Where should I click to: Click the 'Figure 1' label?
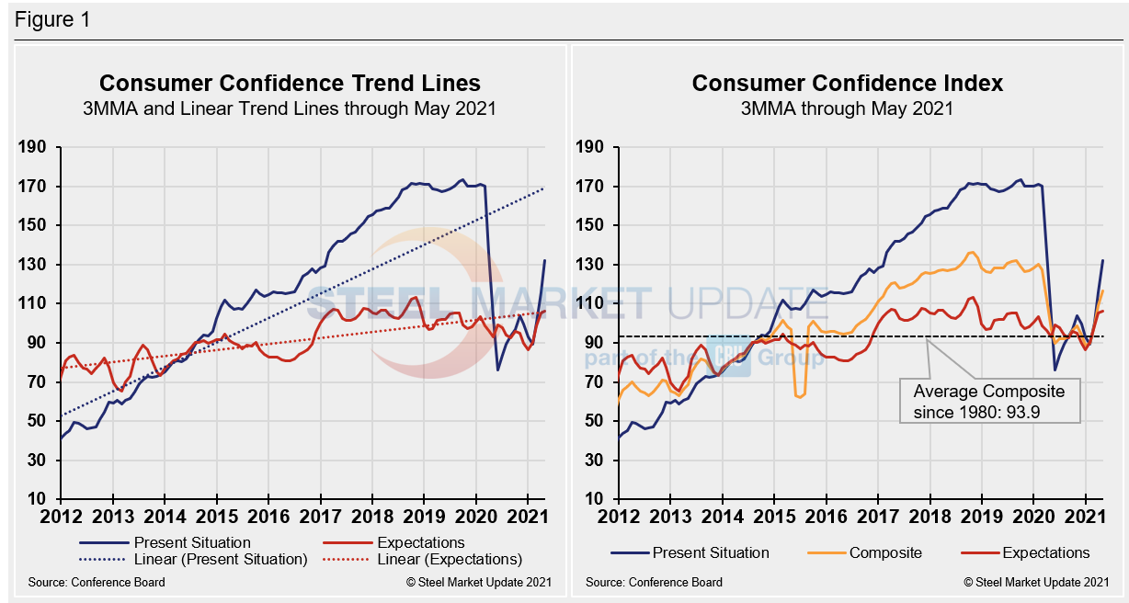(52, 19)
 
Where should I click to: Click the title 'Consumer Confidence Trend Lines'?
(290, 84)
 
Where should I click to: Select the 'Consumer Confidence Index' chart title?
(847, 84)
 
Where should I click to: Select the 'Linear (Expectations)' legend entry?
(449, 559)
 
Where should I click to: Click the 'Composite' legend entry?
(885, 552)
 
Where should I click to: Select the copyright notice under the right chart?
(1034, 582)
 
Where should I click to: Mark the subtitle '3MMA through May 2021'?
(847, 108)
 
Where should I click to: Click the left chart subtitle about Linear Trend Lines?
(290, 108)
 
